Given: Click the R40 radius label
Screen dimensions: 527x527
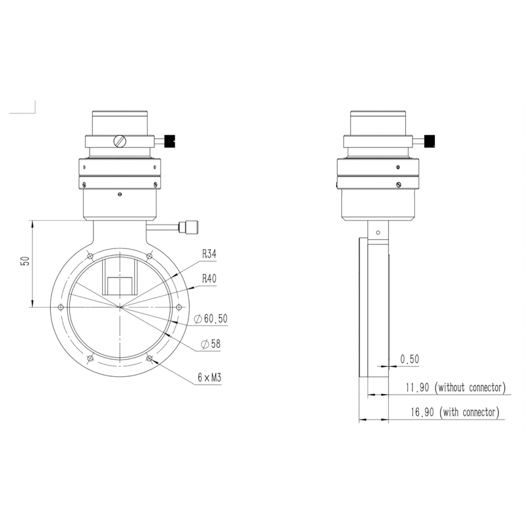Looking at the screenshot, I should [209, 279].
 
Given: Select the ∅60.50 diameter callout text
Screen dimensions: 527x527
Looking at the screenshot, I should [211, 319].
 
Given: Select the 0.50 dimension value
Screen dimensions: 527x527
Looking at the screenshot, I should [409, 359].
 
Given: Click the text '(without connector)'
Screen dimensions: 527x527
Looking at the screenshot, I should [470, 387].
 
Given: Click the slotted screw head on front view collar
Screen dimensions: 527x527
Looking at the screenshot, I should [119, 140].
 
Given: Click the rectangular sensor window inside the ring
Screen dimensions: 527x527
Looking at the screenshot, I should [120, 285].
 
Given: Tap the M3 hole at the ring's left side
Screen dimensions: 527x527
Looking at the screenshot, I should [61, 308].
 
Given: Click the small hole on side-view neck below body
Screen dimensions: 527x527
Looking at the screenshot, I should [377, 232].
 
